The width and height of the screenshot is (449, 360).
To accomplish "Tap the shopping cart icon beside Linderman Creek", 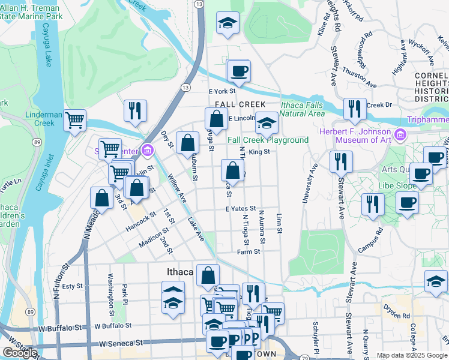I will (x=75, y=121).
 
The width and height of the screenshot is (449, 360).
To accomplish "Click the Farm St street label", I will (x=248, y=252).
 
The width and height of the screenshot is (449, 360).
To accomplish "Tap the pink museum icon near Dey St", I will (x=147, y=149).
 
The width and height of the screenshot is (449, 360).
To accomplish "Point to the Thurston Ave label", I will (x=360, y=76).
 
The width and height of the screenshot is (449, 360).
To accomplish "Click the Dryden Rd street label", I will (x=397, y=314).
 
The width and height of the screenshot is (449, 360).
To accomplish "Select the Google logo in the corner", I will (x=19, y=353).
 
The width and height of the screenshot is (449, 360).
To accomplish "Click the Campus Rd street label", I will (x=370, y=239).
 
